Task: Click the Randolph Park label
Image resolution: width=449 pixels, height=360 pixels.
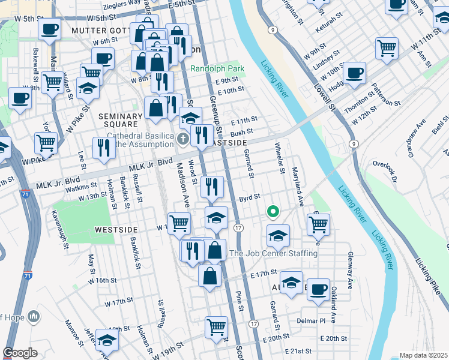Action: pyautogui.click(x=217, y=69)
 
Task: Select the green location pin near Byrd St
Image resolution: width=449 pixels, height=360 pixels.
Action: pyautogui.click(x=273, y=211)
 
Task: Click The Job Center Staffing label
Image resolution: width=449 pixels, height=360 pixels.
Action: pyautogui.click(x=274, y=253)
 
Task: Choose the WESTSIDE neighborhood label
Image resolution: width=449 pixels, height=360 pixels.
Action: pyautogui.click(x=116, y=230)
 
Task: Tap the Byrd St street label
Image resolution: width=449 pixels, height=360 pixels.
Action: pyautogui.click(x=249, y=196)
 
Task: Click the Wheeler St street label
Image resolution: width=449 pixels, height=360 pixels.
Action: pyautogui.click(x=279, y=158)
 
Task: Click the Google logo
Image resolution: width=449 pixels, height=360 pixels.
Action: pyautogui.click(x=20, y=353)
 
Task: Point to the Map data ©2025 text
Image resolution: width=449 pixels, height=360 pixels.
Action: pyautogui.click(x=423, y=355)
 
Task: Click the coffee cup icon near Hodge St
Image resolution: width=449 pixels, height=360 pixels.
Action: pyautogui.click(x=355, y=73)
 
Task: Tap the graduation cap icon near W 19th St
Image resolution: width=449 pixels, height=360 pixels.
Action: pyautogui.click(x=107, y=339)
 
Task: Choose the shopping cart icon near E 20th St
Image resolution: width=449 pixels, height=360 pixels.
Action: pyautogui.click(x=216, y=327)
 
